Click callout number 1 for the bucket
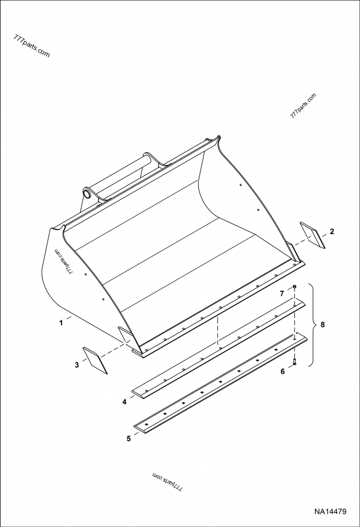(x=61, y=323)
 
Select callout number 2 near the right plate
(x=332, y=231)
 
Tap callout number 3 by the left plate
(x=76, y=365)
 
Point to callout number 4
(x=124, y=402)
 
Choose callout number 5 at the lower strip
(x=129, y=438)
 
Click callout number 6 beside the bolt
(x=283, y=371)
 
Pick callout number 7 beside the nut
(x=282, y=294)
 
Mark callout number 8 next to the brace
(x=323, y=325)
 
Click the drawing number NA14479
(x=330, y=512)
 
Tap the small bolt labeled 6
(x=294, y=362)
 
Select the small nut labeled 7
(x=294, y=286)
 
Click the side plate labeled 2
(x=313, y=235)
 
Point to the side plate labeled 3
(x=95, y=360)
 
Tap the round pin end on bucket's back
(x=87, y=193)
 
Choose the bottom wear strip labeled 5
(x=221, y=382)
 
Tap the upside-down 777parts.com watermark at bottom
(x=167, y=481)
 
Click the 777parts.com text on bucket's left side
(x=63, y=262)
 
